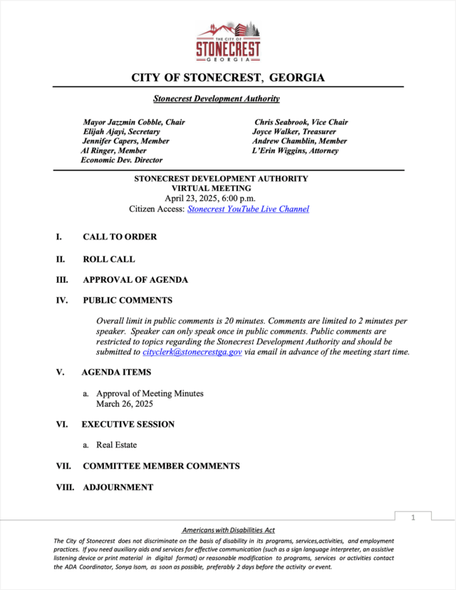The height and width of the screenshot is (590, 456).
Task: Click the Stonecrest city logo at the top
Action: tap(228, 41)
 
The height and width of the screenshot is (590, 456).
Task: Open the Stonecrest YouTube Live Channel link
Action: tap(248, 209)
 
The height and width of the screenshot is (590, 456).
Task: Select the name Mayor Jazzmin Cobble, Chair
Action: tap(134, 123)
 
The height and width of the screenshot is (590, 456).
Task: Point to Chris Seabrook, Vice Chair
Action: tap(301, 123)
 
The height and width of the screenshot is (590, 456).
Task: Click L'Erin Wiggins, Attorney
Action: tap(295, 151)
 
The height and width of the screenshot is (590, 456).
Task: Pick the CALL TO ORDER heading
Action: tap(120, 237)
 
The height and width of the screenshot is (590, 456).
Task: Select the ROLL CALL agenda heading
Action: tap(109, 260)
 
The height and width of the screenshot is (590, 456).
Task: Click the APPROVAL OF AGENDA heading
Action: tap(135, 280)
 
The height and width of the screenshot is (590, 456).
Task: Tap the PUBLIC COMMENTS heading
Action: tap(128, 301)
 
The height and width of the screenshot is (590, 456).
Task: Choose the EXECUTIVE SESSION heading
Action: tap(128, 425)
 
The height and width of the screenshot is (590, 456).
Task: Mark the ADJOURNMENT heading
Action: tap(118, 487)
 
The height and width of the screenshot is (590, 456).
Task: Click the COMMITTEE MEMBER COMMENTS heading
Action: tap(161, 466)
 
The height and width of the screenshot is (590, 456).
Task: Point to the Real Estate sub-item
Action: tap(116, 445)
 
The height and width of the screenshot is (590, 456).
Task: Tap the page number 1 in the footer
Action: tap(413, 517)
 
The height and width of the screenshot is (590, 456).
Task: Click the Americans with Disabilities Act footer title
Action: tap(228, 531)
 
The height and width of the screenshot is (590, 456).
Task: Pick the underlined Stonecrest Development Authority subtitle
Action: tap(217, 99)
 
